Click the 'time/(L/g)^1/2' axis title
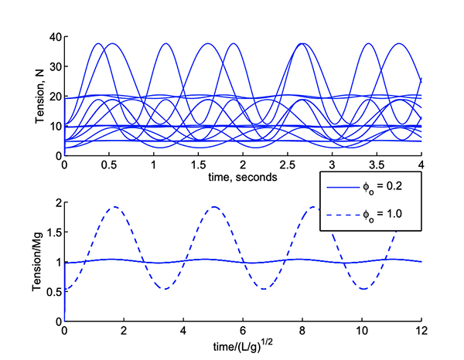click(x=242, y=345)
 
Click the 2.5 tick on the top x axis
click(x=287, y=165)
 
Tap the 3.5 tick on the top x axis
click(x=377, y=165)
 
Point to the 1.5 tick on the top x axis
click(x=198, y=165)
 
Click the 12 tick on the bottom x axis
click(x=421, y=331)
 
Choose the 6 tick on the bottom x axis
click(x=243, y=331)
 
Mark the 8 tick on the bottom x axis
click(x=302, y=331)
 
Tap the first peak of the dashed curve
click(x=115, y=207)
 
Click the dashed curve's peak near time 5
click(x=214, y=207)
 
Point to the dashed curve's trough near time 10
click(x=363, y=289)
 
